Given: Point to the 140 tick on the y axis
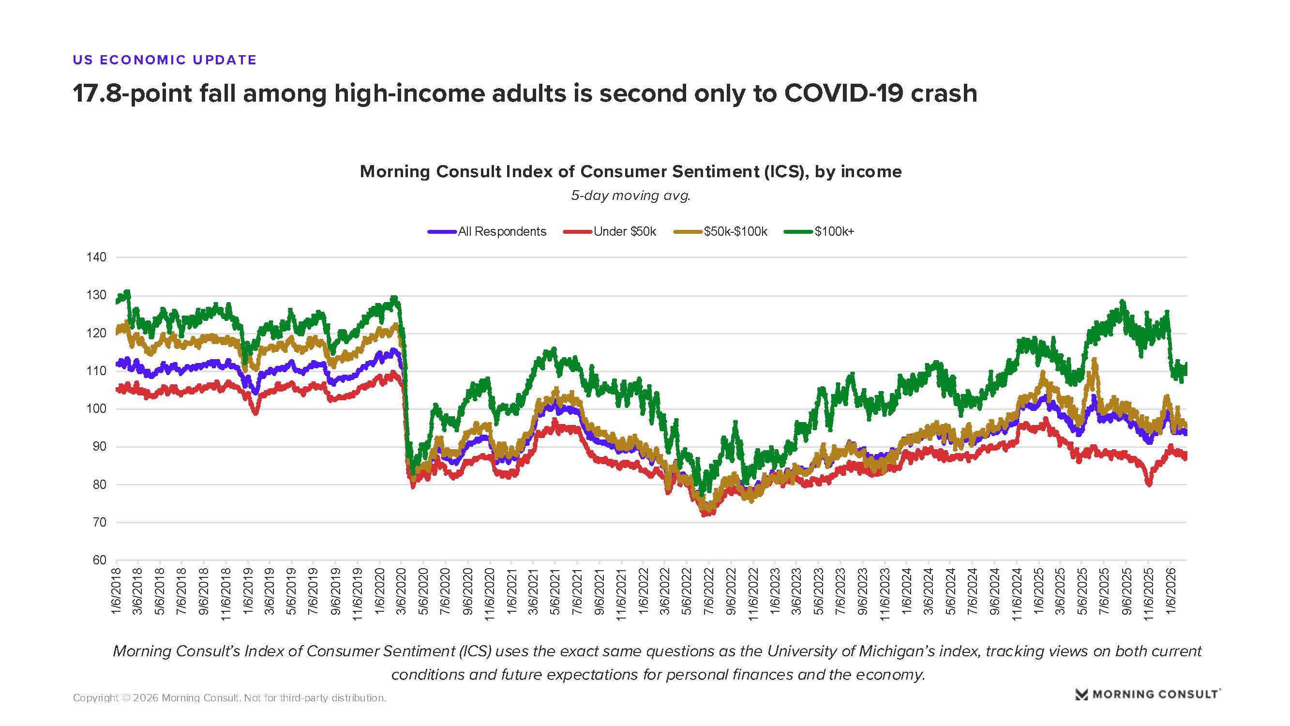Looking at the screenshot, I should point(97,257).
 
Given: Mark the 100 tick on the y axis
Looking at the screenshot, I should point(97,409).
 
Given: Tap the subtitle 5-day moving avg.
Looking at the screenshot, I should point(631,196).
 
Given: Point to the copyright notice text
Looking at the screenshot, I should point(229,698).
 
